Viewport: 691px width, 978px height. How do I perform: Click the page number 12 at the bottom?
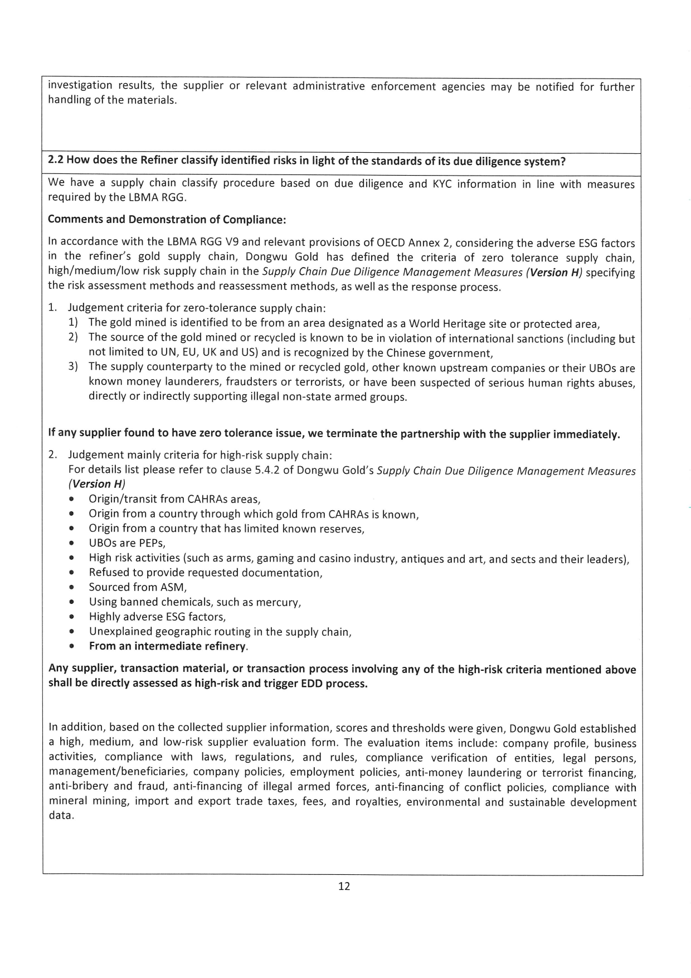coord(344,887)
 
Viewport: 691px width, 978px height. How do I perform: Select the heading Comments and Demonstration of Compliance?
coord(167,219)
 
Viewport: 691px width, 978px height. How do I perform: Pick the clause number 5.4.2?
coord(267,470)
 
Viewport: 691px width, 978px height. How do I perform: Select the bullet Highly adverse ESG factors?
coord(157,617)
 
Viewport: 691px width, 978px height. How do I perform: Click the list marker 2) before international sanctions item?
coord(74,338)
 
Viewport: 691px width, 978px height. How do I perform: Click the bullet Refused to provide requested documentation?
coord(206,573)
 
